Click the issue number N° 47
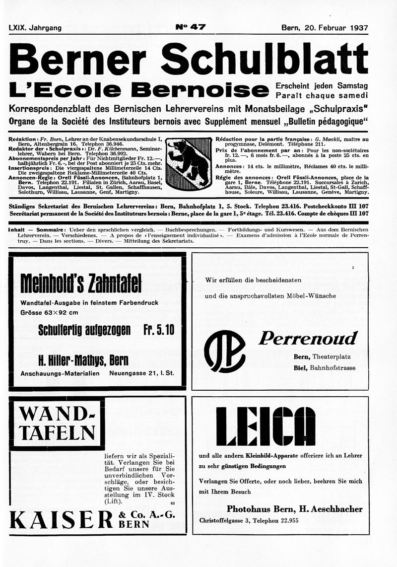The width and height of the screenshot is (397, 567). coord(190,27)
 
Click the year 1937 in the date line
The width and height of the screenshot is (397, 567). coord(354,28)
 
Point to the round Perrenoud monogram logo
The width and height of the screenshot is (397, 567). coord(224,351)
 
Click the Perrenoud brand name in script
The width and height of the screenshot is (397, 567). coord(308,339)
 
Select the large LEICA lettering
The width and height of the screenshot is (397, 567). coord(265,426)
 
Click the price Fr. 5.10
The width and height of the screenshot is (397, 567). coord(158,330)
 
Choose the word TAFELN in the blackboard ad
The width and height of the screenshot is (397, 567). coord(56,432)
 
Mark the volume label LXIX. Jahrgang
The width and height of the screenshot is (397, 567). coord(35,28)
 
